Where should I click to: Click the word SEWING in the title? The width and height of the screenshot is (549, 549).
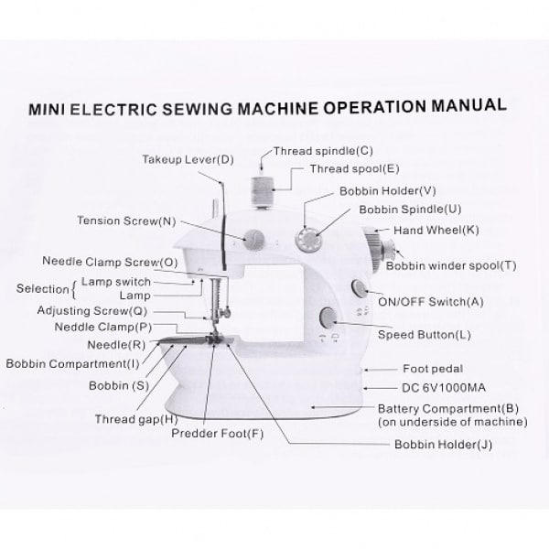tap(197, 108)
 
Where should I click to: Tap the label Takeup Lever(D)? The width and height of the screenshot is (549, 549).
tap(188, 159)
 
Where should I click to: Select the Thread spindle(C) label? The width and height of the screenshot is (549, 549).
tap(323, 151)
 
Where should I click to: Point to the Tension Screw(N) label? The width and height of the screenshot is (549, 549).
tap(126, 221)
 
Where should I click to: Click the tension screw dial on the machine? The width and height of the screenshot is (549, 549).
tap(253, 240)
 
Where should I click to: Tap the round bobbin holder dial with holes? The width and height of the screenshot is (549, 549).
tap(309, 240)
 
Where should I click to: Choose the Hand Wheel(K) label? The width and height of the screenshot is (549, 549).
tap(436, 230)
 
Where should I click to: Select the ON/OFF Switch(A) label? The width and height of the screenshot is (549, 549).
tap(430, 301)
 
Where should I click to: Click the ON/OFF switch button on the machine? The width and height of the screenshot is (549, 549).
tap(359, 288)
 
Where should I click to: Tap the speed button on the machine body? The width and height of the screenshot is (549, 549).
tap(328, 318)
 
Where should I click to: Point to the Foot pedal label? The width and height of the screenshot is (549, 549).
tap(433, 369)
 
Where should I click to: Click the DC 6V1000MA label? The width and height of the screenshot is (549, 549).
tap(443, 388)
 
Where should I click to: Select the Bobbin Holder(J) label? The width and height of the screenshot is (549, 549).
tap(443, 445)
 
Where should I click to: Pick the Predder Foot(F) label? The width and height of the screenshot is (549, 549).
tap(217, 434)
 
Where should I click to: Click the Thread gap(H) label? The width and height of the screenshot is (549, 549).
tap(136, 419)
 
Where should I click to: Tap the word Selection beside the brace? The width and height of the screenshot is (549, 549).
tap(42, 289)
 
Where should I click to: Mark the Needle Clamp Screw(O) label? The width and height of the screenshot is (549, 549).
tap(110, 262)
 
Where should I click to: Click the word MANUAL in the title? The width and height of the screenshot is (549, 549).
tap(468, 105)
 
